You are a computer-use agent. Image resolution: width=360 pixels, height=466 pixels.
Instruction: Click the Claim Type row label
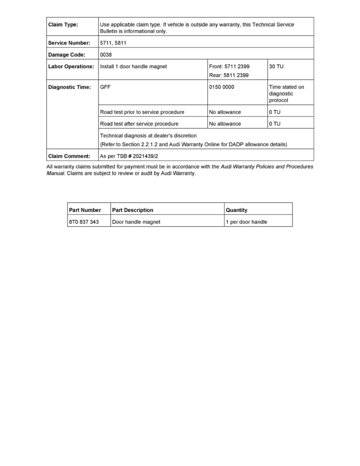(63, 25)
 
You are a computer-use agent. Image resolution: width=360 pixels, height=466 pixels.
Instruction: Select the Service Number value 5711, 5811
(113, 43)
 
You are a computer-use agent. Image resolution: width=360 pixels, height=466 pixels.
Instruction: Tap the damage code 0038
(106, 55)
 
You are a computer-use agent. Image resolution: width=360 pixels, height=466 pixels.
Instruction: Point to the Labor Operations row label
(71, 66)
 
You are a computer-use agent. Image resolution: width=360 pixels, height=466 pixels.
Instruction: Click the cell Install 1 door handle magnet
(133, 66)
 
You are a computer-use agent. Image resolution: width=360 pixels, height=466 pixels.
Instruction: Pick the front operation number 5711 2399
(229, 66)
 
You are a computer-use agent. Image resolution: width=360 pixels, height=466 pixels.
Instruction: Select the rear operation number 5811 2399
(229, 75)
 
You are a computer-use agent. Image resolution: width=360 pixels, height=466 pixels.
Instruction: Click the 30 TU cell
(276, 66)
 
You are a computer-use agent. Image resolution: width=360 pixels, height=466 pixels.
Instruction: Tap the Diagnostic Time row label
(69, 87)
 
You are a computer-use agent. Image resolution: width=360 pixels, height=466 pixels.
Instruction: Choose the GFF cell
(105, 87)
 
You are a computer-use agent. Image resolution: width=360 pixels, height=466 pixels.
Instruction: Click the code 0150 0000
(222, 87)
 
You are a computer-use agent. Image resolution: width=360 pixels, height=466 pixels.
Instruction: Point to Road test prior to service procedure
(142, 112)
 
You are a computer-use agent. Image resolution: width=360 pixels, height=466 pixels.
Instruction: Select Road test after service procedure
(139, 124)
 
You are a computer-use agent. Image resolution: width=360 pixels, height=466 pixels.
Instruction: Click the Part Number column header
(85, 210)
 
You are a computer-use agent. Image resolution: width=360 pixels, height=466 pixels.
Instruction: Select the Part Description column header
(133, 210)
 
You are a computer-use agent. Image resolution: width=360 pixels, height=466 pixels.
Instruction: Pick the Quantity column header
(236, 210)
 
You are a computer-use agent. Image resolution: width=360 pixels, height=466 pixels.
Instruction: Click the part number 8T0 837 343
(84, 222)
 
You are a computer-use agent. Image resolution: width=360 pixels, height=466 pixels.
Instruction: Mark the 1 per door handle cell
(246, 222)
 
